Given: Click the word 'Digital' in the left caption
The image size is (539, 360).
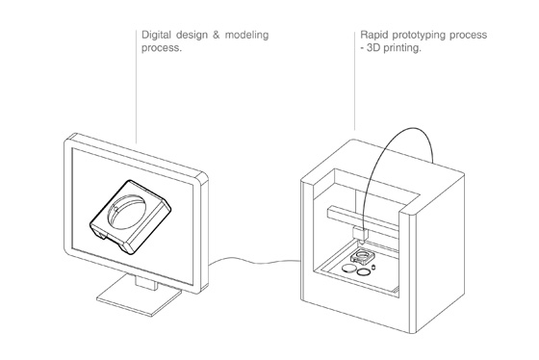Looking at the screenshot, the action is [x=156, y=35].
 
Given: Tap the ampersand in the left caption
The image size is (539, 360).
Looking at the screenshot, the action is [x=216, y=35].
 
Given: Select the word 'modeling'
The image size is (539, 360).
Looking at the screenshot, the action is [x=246, y=36].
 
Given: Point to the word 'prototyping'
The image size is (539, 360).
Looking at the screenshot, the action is [x=419, y=36].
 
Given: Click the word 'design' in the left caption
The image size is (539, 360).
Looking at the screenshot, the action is [x=192, y=36].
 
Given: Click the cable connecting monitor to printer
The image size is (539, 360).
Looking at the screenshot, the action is [x=254, y=261].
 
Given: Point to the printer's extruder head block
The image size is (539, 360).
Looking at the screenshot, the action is [x=360, y=233].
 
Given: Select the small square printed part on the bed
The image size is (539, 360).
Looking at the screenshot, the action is [x=362, y=257].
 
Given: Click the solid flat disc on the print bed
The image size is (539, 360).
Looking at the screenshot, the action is [x=349, y=269].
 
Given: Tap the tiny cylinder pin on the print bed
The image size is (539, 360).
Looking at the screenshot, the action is [x=374, y=267].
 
